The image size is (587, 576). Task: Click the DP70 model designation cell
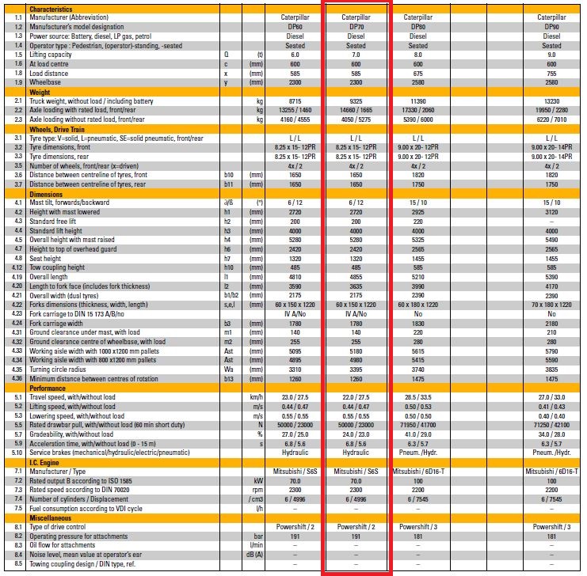coord(356,26)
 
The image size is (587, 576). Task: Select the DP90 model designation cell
coord(551,26)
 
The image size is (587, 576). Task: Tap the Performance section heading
coord(48,388)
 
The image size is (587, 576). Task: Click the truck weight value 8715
coord(294,101)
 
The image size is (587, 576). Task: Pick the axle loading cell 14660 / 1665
coord(356,111)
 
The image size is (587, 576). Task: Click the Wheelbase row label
coord(45,81)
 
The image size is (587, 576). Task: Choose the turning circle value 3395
coord(356,369)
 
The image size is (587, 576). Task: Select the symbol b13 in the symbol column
coord(230,378)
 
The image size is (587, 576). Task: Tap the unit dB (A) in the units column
coord(255,555)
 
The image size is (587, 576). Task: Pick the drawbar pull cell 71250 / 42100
coord(551,425)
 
